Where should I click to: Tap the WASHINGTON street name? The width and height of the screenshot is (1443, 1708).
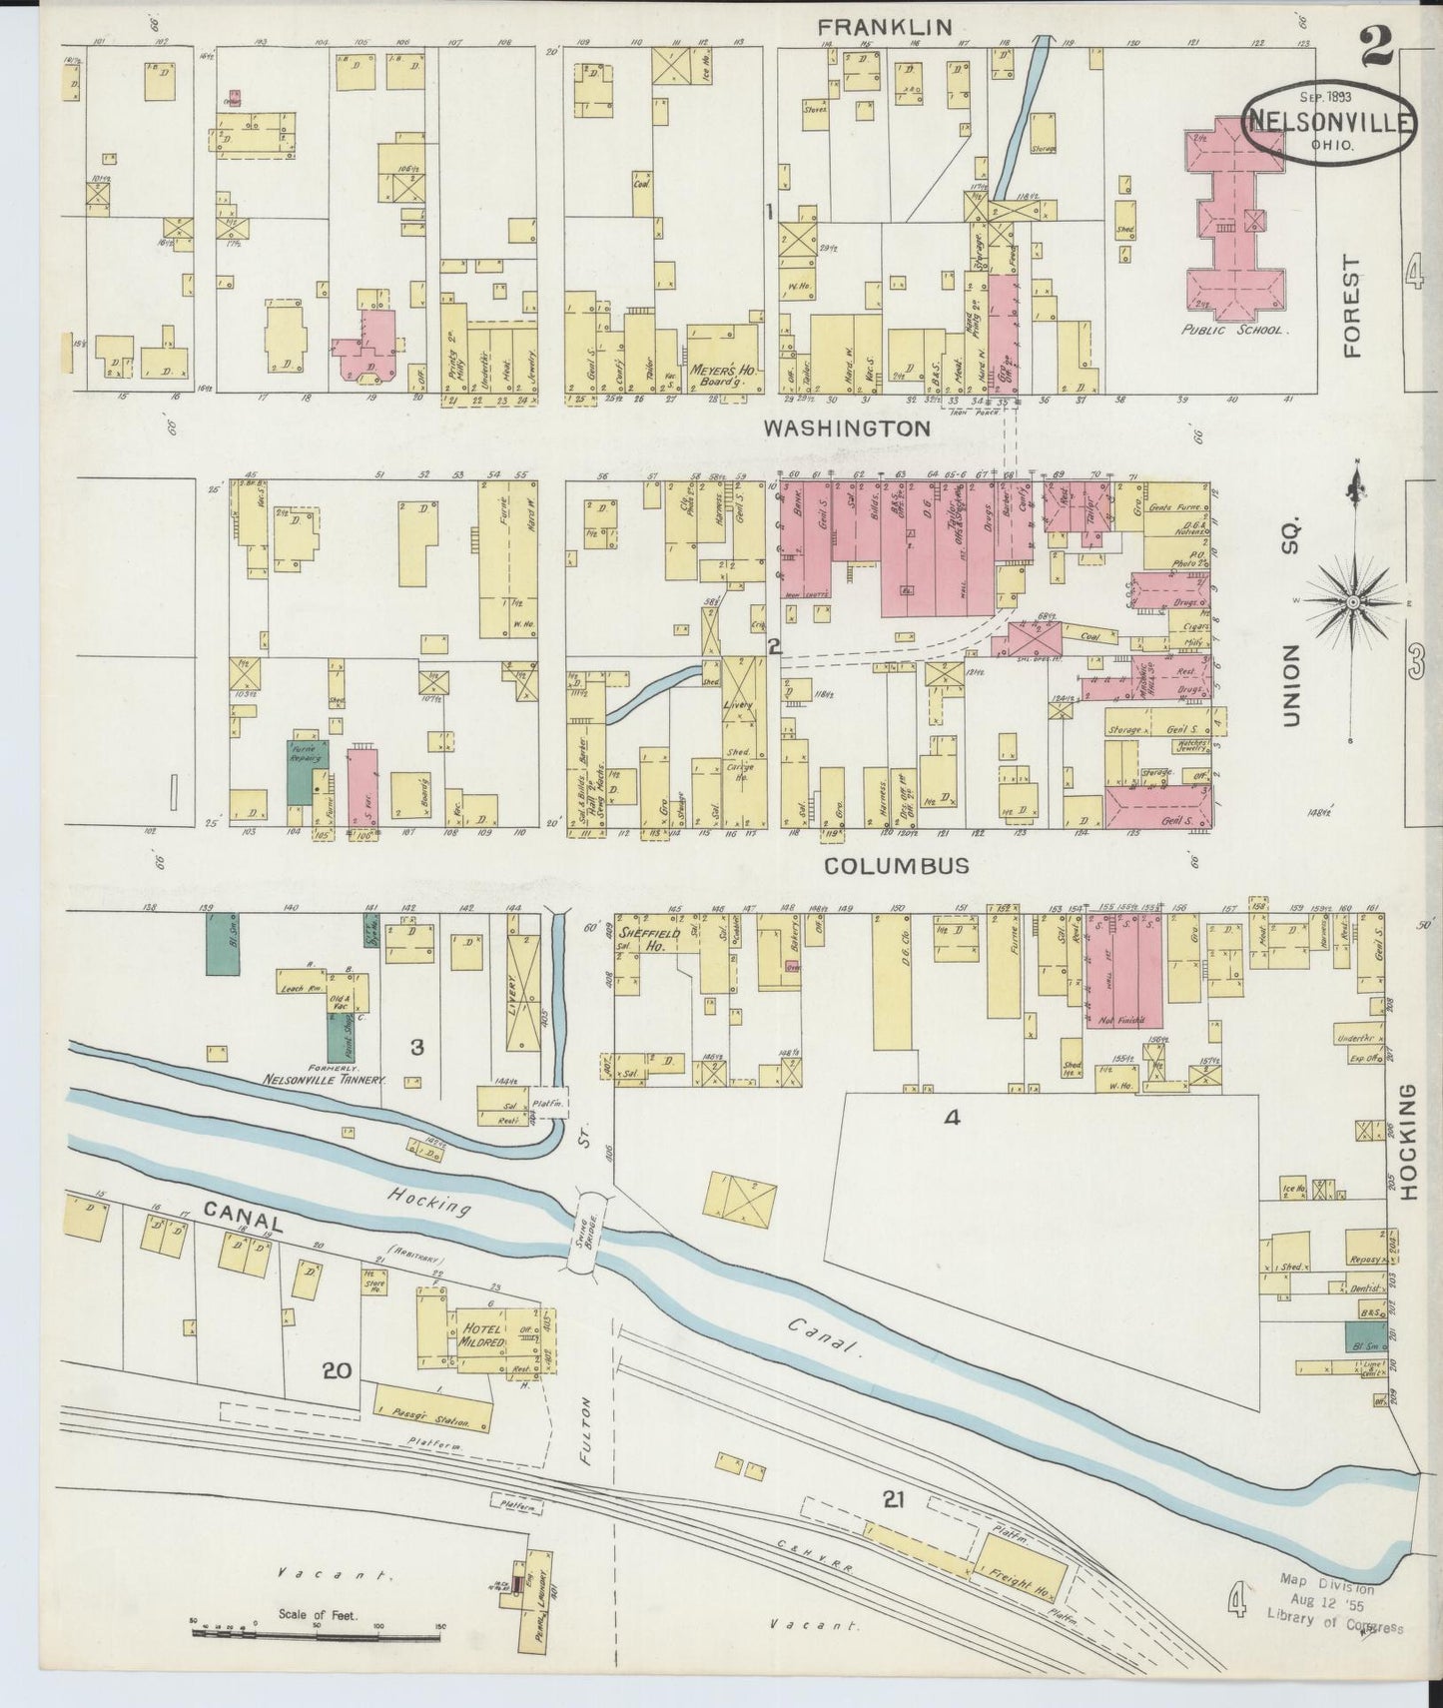847,428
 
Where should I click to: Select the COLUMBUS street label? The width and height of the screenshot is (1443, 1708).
896,866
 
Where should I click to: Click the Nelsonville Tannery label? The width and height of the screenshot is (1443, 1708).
325,1079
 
